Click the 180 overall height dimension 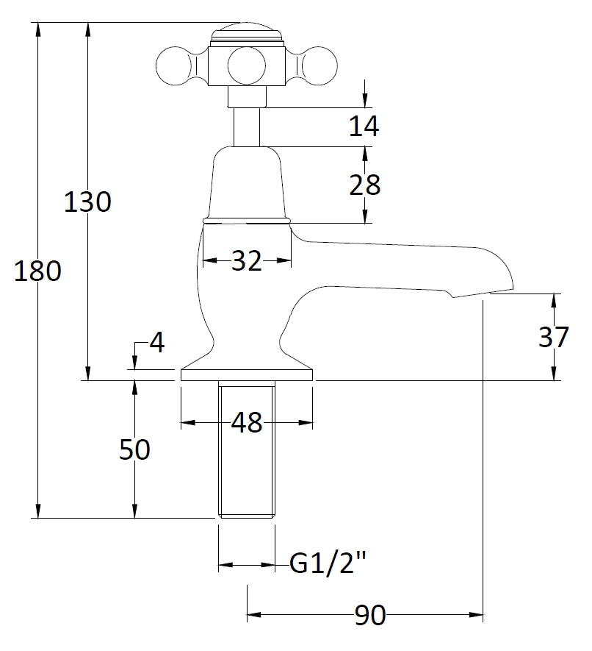point(37,271)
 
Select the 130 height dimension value point(87,202)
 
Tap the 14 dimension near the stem point(364,126)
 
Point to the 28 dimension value point(364,185)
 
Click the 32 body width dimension point(246,260)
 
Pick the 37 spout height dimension point(554,337)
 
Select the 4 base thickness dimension point(156,342)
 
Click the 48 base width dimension point(246,423)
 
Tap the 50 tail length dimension point(134,449)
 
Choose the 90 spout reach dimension point(370,615)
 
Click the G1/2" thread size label point(328,564)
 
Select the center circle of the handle point(246,65)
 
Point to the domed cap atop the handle point(246,32)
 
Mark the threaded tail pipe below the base point(246,449)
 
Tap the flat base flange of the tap point(246,374)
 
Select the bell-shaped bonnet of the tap point(246,184)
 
